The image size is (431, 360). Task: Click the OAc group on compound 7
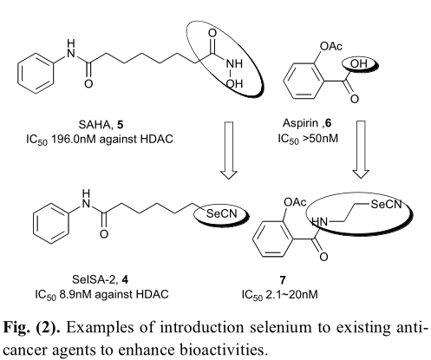point(295,202)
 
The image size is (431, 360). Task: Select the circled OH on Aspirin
point(359,63)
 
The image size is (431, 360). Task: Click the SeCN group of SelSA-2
point(221,214)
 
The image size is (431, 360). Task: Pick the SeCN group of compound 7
point(387,205)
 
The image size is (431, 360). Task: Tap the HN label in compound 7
point(320,222)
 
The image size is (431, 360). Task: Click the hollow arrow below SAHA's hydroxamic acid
point(229,150)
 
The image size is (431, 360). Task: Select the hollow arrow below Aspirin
point(361,149)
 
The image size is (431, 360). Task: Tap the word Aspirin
point(300,123)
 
